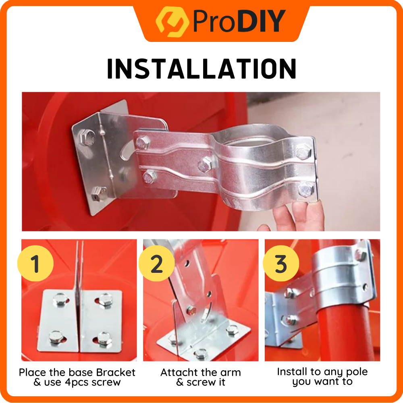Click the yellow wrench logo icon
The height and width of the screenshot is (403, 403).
(x=172, y=22)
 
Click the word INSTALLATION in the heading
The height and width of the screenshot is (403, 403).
(x=202, y=69)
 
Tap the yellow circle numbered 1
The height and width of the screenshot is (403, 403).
(x=35, y=263)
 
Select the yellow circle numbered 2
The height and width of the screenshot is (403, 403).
(x=156, y=263)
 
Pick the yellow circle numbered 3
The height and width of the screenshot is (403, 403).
(x=281, y=263)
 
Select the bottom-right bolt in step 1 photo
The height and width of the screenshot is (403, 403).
(x=104, y=339)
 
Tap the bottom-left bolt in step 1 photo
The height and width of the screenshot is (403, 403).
(x=57, y=337)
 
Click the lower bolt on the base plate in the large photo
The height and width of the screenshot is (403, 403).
(x=99, y=193)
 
